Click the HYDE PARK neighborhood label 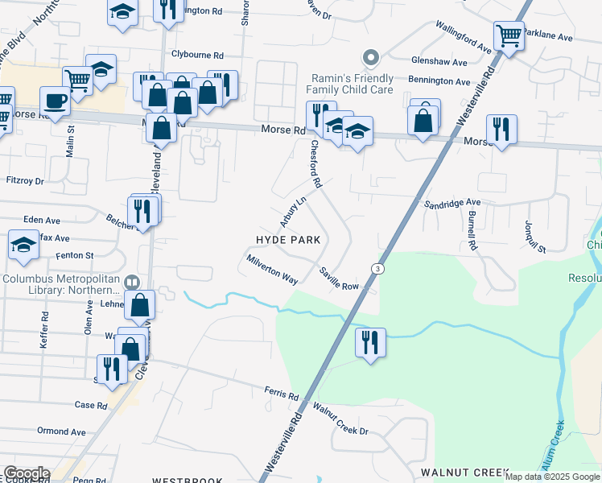pos(288,240)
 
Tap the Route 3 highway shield pos(376,268)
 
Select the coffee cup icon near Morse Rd pos(54,101)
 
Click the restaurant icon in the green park pos(370,342)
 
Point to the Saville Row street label pos(338,279)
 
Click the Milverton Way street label pos(273,270)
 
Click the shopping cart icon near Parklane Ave pos(509,35)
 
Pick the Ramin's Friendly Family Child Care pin pos(370,57)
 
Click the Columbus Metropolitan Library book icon pos(133,283)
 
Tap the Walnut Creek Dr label pos(340,420)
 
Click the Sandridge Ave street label pos(452,204)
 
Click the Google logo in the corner pos(26,473)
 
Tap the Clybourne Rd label pos(197,55)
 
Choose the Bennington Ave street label pos(439,81)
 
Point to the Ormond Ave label pos(61,431)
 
